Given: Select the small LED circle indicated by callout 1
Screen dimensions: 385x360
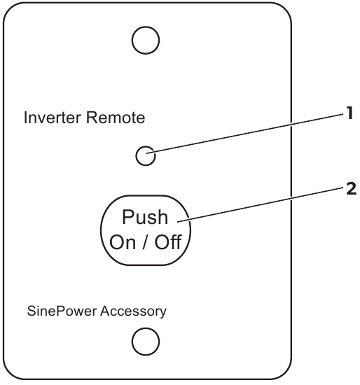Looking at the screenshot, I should (145, 156).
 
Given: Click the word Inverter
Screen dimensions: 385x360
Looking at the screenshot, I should (47, 118).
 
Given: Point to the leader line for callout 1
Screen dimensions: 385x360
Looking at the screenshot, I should (245, 135).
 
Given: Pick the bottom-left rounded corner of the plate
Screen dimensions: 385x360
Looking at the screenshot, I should (12, 371).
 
